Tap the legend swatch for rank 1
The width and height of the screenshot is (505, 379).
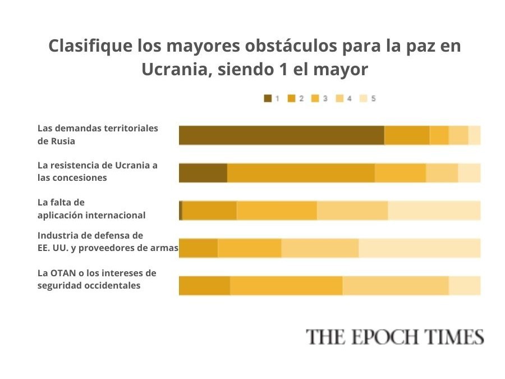coord(268,99)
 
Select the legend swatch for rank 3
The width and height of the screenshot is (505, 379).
coord(315,99)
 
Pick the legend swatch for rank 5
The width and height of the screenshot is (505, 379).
coord(363,99)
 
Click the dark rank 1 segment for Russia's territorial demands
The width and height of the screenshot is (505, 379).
coord(281,135)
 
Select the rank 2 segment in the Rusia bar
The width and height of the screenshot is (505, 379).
coord(407,135)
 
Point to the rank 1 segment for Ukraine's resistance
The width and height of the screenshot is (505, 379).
coord(203,173)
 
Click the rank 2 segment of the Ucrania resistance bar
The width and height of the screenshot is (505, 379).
coord(301,173)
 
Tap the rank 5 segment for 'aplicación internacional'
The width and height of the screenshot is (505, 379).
coord(434,211)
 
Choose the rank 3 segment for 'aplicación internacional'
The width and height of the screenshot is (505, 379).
coord(277,211)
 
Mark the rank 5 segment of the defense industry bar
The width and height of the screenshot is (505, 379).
coord(420,248)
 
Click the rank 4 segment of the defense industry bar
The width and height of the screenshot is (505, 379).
coord(320,248)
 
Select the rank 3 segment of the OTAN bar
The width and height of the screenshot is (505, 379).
coord(286,286)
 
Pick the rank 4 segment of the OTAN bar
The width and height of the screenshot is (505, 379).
coord(396,286)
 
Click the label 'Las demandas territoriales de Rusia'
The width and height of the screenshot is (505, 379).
coord(98,135)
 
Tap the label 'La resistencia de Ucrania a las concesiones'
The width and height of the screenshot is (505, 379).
coord(97,171)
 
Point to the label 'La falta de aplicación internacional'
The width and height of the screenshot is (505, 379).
coord(91,208)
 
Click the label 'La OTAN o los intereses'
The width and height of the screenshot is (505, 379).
coord(97,279)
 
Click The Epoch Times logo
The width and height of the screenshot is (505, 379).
coord(394,337)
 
